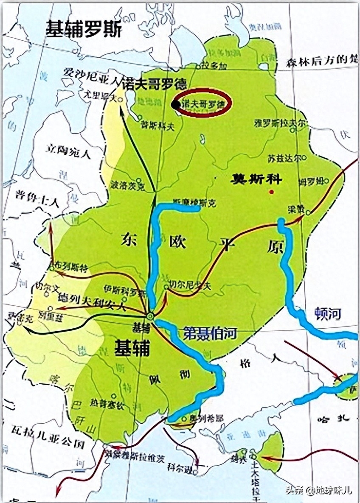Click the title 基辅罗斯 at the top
pyautogui.click(x=84, y=29)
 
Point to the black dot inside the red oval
pyautogui.click(x=175, y=104)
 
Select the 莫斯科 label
pyautogui.click(x=256, y=179)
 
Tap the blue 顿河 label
pyautogui.click(x=328, y=313)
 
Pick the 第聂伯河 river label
pyautogui.click(x=209, y=333)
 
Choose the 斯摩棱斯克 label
pyautogui.click(x=195, y=203)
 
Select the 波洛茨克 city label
pyautogui.click(x=127, y=186)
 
